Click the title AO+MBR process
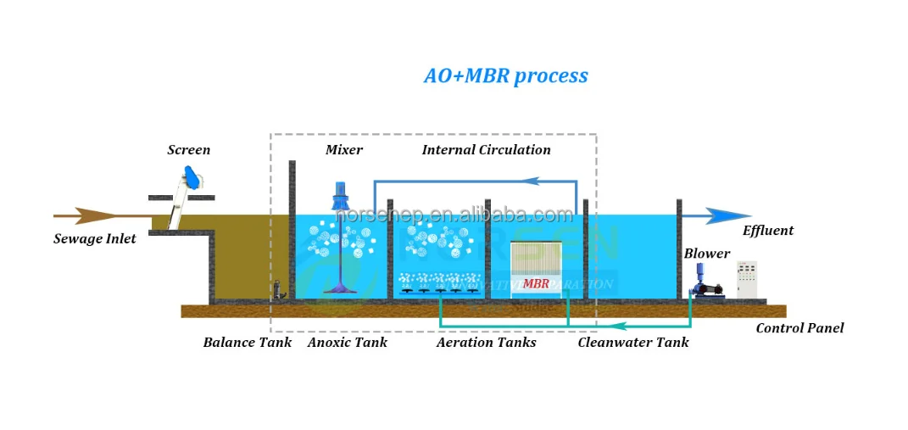(505, 75)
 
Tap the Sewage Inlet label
(94, 238)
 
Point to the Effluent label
(768, 231)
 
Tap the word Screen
(188, 150)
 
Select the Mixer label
(343, 150)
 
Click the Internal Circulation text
(486, 150)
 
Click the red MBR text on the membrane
(536, 284)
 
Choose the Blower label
(706, 254)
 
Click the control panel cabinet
(747, 279)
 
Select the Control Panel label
(799, 328)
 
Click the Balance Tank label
(247, 343)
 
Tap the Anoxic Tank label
(347, 343)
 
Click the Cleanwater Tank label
(632, 343)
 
